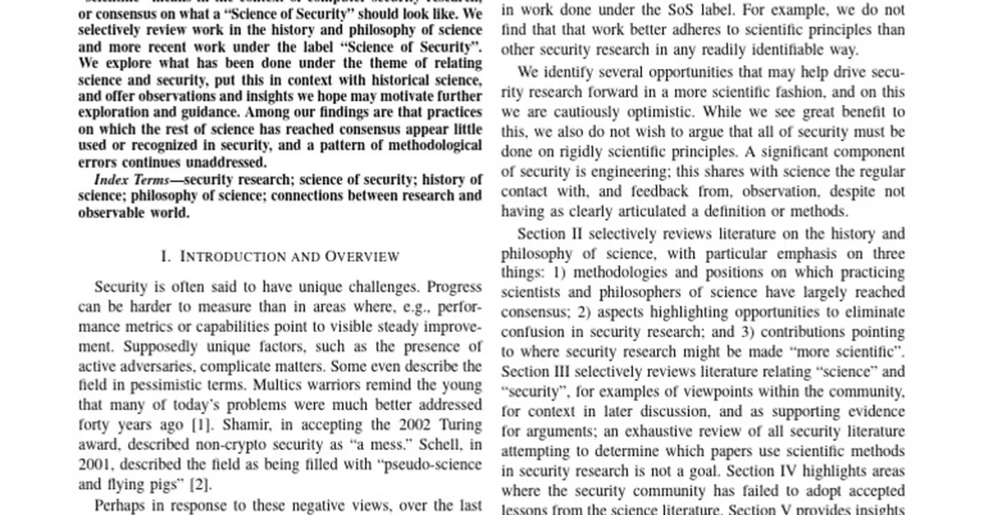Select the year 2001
(x=95, y=464)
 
